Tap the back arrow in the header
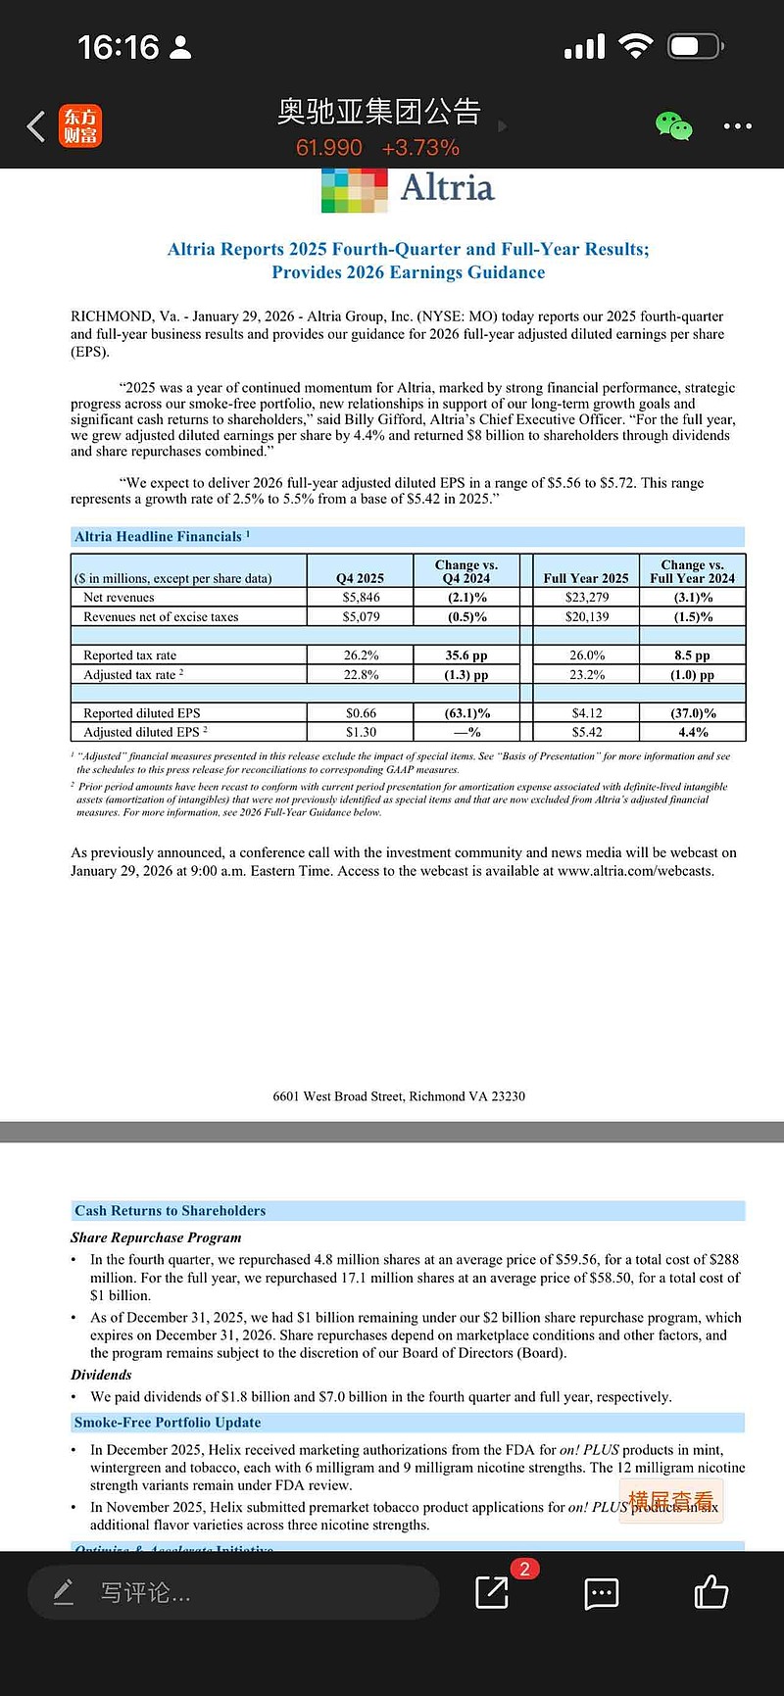click(x=36, y=126)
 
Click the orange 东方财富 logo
click(x=80, y=126)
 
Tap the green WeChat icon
click(x=673, y=126)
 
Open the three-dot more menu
click(x=737, y=126)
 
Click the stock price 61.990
click(x=329, y=148)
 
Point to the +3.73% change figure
click(x=420, y=148)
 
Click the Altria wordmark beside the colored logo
click(x=447, y=187)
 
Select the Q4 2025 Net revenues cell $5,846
click(x=361, y=597)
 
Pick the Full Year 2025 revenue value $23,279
click(x=587, y=597)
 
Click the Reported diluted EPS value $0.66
click(x=361, y=713)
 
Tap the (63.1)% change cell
click(x=466, y=713)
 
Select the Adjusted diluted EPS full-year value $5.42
click(x=587, y=732)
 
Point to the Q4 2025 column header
click(x=361, y=578)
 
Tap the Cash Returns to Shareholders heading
click(x=170, y=1211)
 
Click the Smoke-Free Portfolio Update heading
click(x=168, y=1423)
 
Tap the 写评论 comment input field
click(x=233, y=1592)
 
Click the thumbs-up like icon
click(x=711, y=1592)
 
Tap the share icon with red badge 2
click(x=492, y=1592)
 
